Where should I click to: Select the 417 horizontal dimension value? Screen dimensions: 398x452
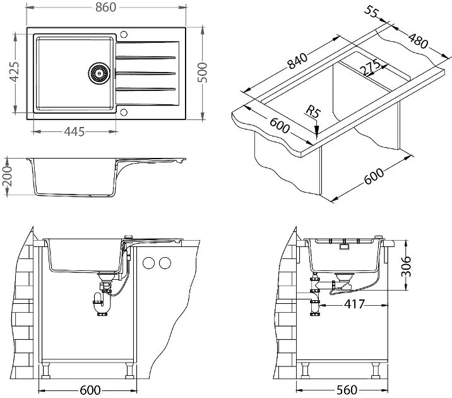coord(354,303)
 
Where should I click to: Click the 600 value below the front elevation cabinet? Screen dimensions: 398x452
coord(90,390)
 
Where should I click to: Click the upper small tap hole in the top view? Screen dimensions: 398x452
coord(124,33)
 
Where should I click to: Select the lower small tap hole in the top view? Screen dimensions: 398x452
coord(124,113)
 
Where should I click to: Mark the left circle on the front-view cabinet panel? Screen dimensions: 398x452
coord(150,262)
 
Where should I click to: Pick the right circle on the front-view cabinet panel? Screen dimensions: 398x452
coord(165,262)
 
